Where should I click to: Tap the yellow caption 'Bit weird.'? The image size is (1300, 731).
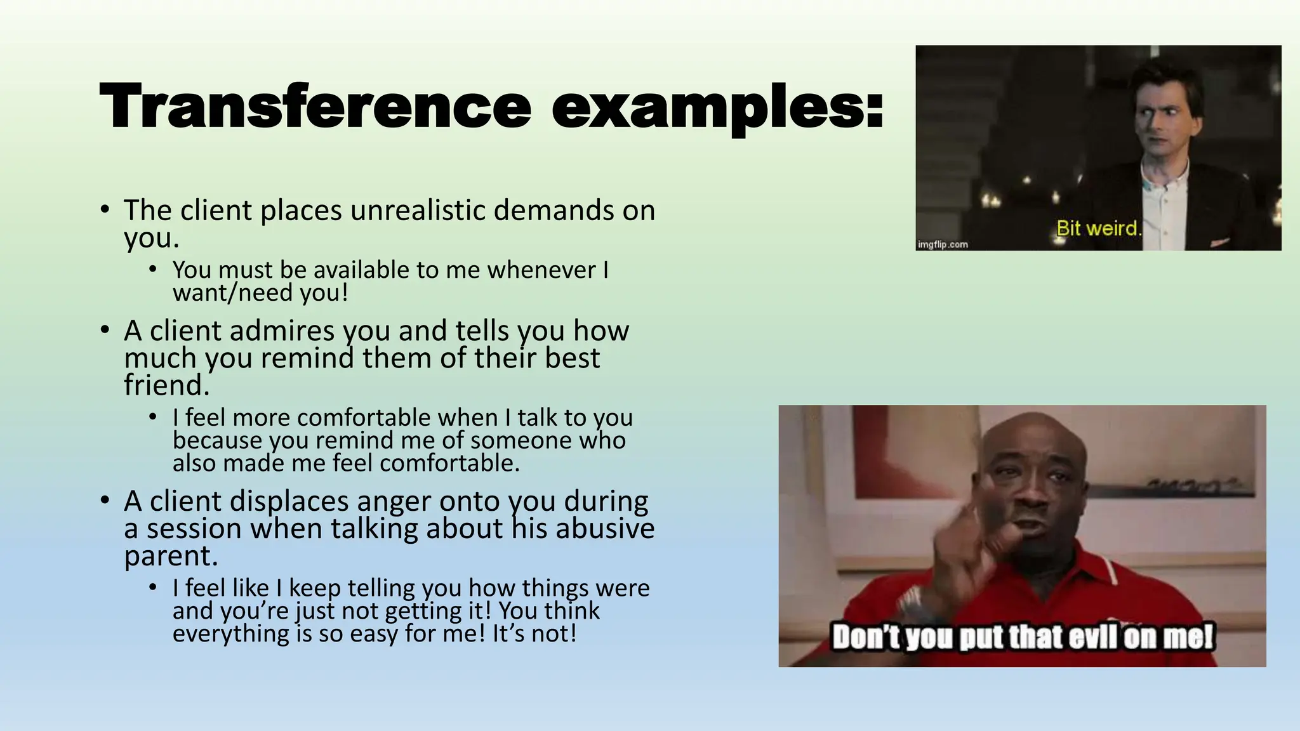pos(1099,228)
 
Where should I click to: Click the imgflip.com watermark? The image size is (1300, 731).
pos(943,244)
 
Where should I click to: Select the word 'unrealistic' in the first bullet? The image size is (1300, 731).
pos(418,210)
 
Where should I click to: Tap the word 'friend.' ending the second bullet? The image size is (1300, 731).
pos(166,385)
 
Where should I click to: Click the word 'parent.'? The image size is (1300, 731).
pos(171,556)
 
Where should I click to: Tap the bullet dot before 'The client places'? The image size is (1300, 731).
pos(105,209)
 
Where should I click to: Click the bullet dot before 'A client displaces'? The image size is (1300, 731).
pos(105,501)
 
